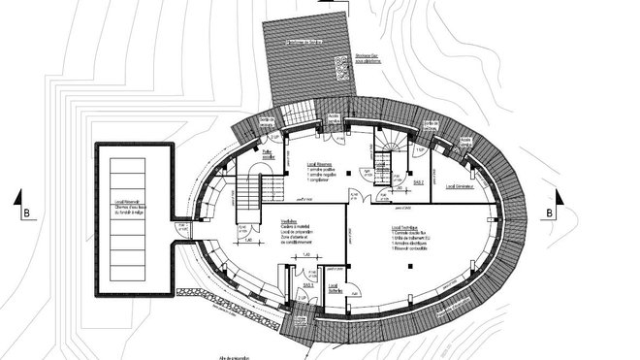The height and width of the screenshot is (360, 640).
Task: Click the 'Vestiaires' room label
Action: [x=261, y=221]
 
